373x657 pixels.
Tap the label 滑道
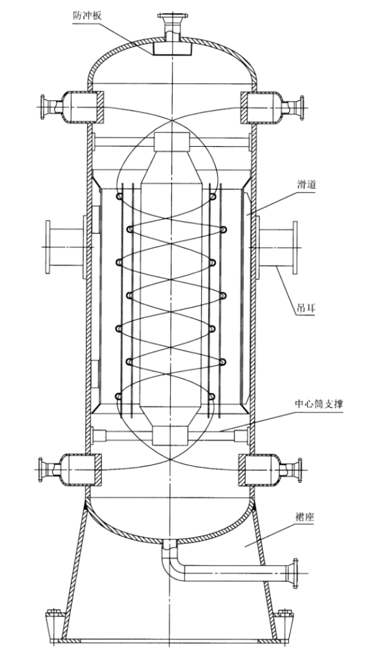coord(304,184)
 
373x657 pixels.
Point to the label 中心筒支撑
coord(319,404)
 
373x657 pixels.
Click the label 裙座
coord(304,518)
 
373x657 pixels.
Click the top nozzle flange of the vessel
coord(173,17)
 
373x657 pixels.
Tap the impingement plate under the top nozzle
coord(172,48)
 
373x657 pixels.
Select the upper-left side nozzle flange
coord(42,107)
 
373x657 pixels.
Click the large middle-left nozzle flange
coord(49,247)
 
